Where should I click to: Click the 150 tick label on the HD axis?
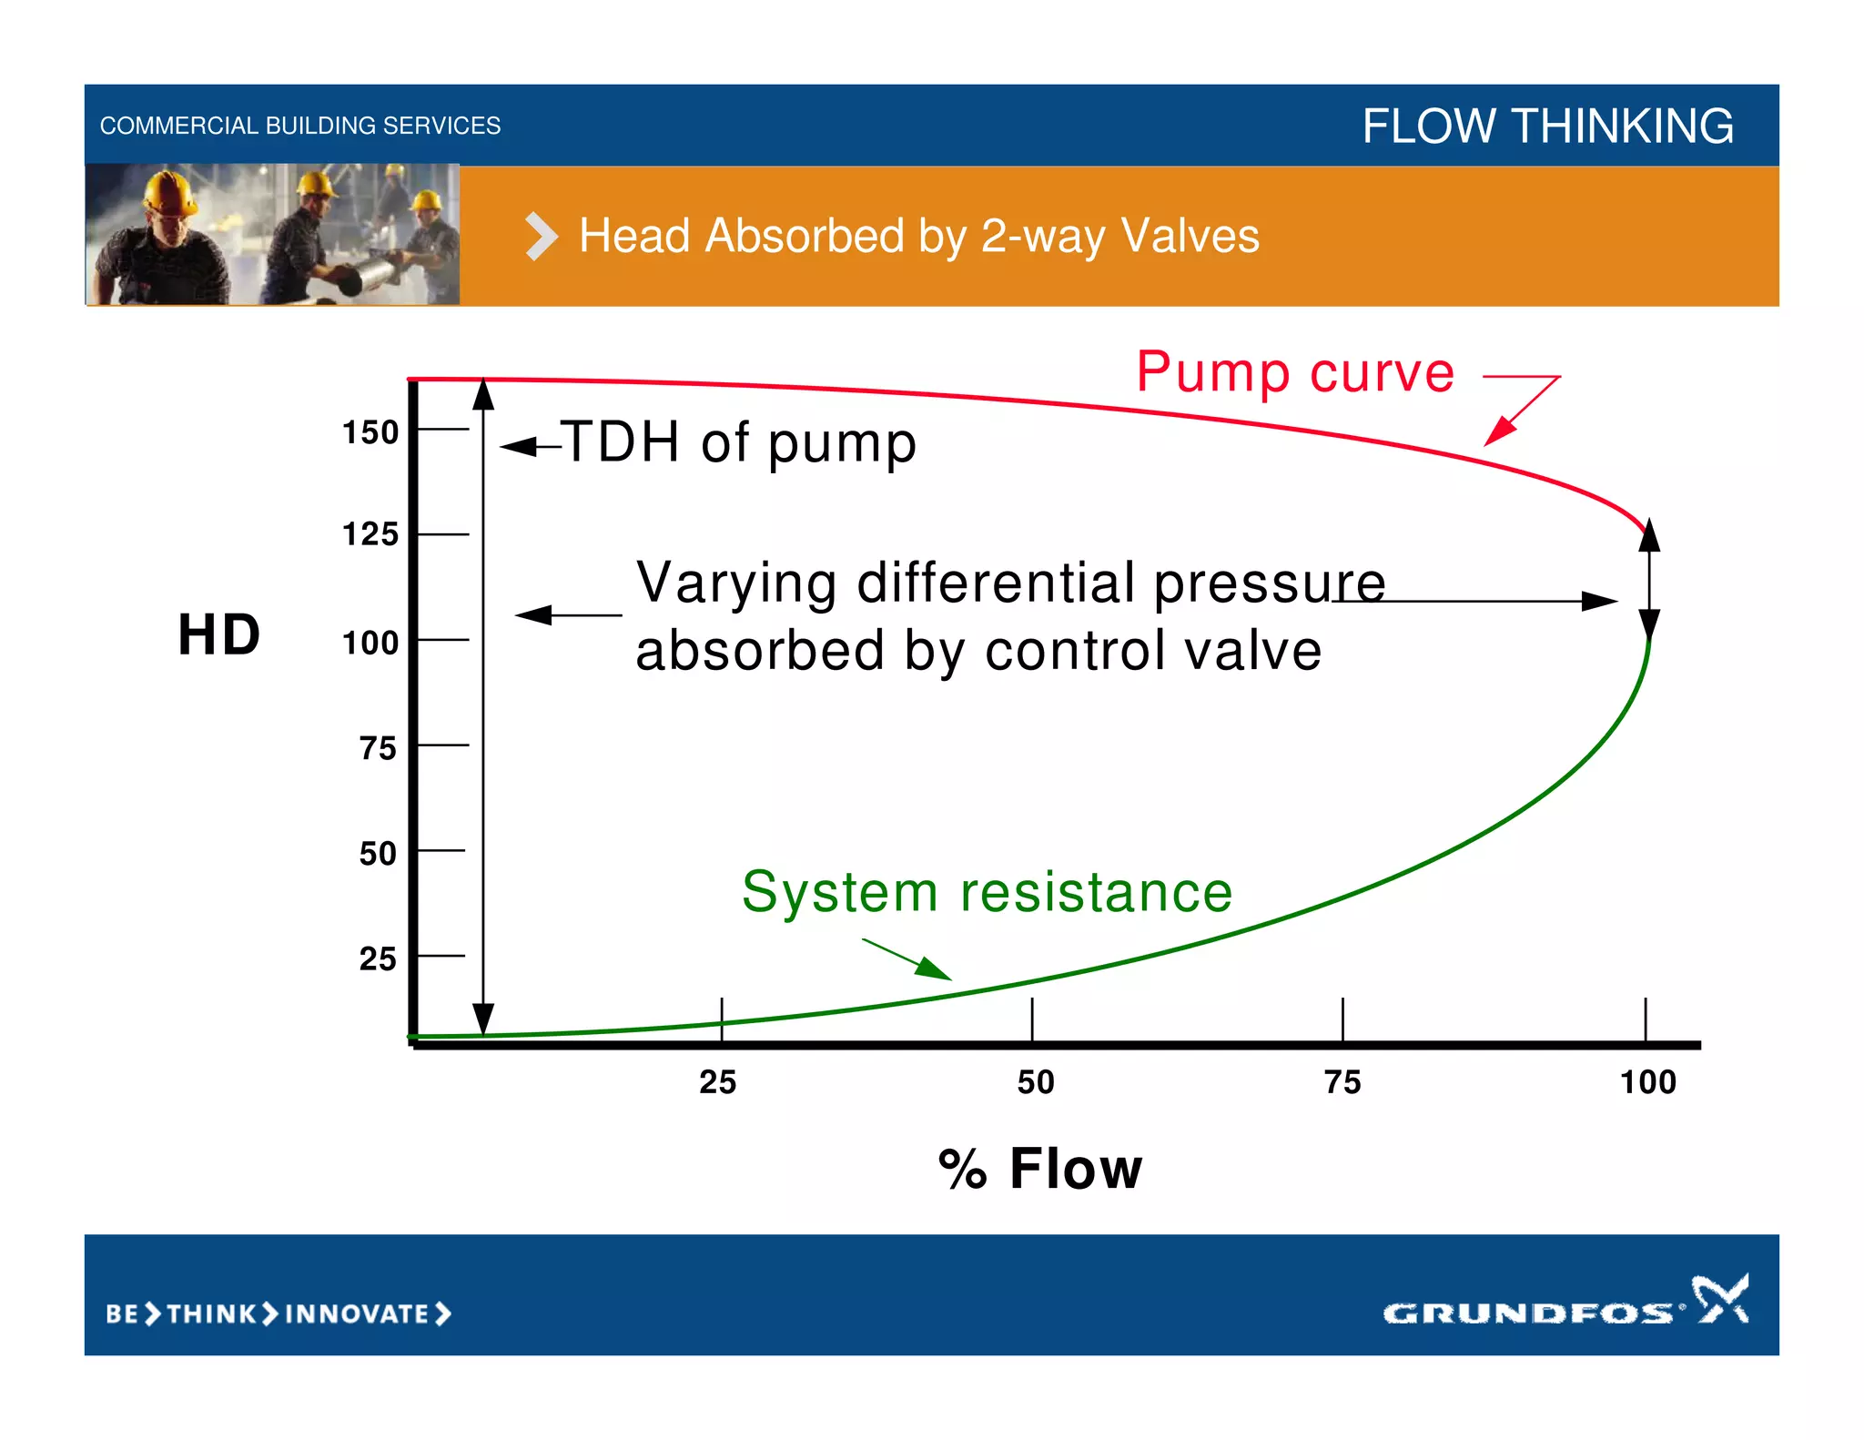point(370,432)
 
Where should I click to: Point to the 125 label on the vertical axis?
point(370,534)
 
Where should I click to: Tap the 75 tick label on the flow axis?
point(1342,1083)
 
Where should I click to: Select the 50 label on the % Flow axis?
point(1036,1083)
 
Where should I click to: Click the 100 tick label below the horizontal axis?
point(1647,1083)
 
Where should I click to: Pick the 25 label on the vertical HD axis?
point(378,959)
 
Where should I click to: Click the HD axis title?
point(219,634)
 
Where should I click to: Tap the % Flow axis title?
point(1040,1169)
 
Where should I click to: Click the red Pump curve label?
point(1295,372)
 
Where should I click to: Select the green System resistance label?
point(987,892)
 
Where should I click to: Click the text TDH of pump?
point(737,443)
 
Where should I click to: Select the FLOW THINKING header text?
point(1547,126)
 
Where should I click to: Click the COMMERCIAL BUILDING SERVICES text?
point(299,126)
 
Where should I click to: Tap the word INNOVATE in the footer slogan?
point(356,1314)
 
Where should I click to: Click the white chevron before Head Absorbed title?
point(541,237)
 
